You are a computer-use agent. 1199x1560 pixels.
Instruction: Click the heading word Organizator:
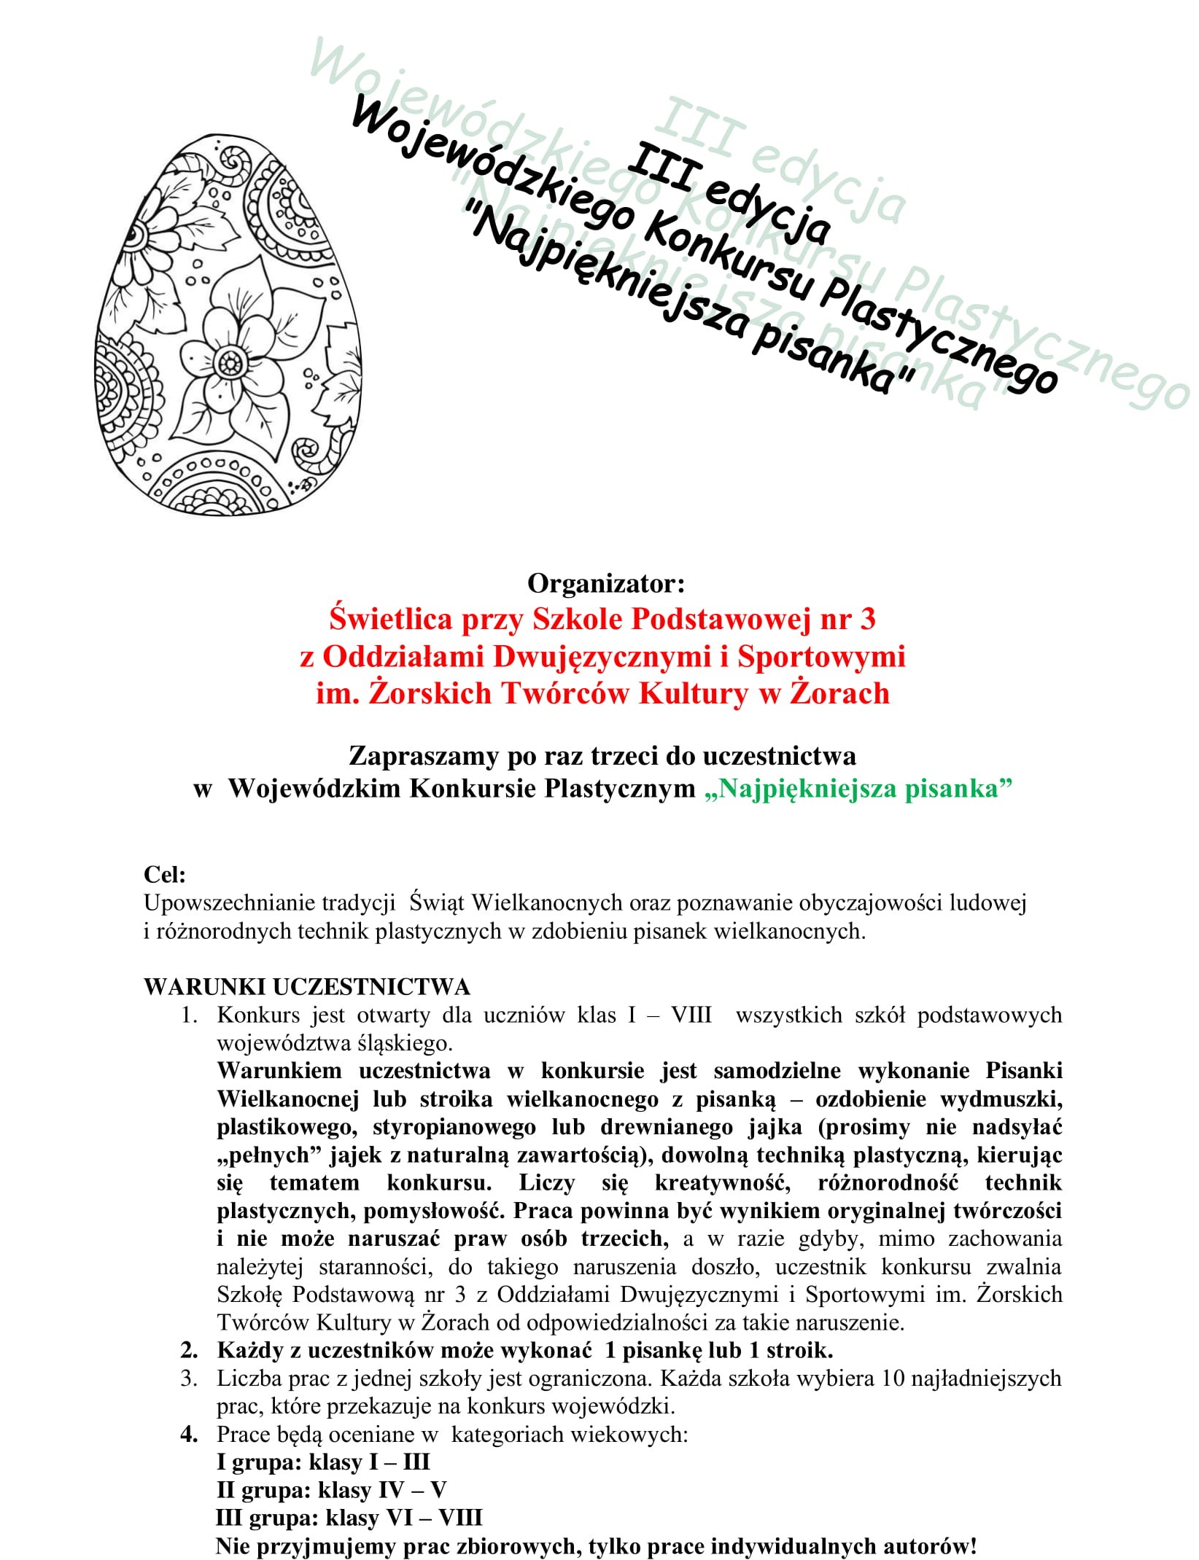click(x=606, y=583)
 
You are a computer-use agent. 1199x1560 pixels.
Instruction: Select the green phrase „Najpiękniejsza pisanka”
click(x=858, y=789)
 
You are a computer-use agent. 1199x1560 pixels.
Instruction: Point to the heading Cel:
click(x=165, y=874)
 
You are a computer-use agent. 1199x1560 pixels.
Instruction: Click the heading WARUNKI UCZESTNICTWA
click(x=307, y=987)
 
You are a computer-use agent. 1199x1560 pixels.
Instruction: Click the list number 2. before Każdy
click(x=190, y=1350)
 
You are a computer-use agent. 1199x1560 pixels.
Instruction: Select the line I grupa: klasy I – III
click(x=323, y=1462)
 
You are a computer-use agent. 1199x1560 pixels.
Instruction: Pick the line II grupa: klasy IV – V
click(x=332, y=1490)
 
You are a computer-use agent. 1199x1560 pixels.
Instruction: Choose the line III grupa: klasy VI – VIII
click(x=349, y=1518)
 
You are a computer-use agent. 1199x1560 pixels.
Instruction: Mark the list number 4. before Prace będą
click(x=190, y=1434)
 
